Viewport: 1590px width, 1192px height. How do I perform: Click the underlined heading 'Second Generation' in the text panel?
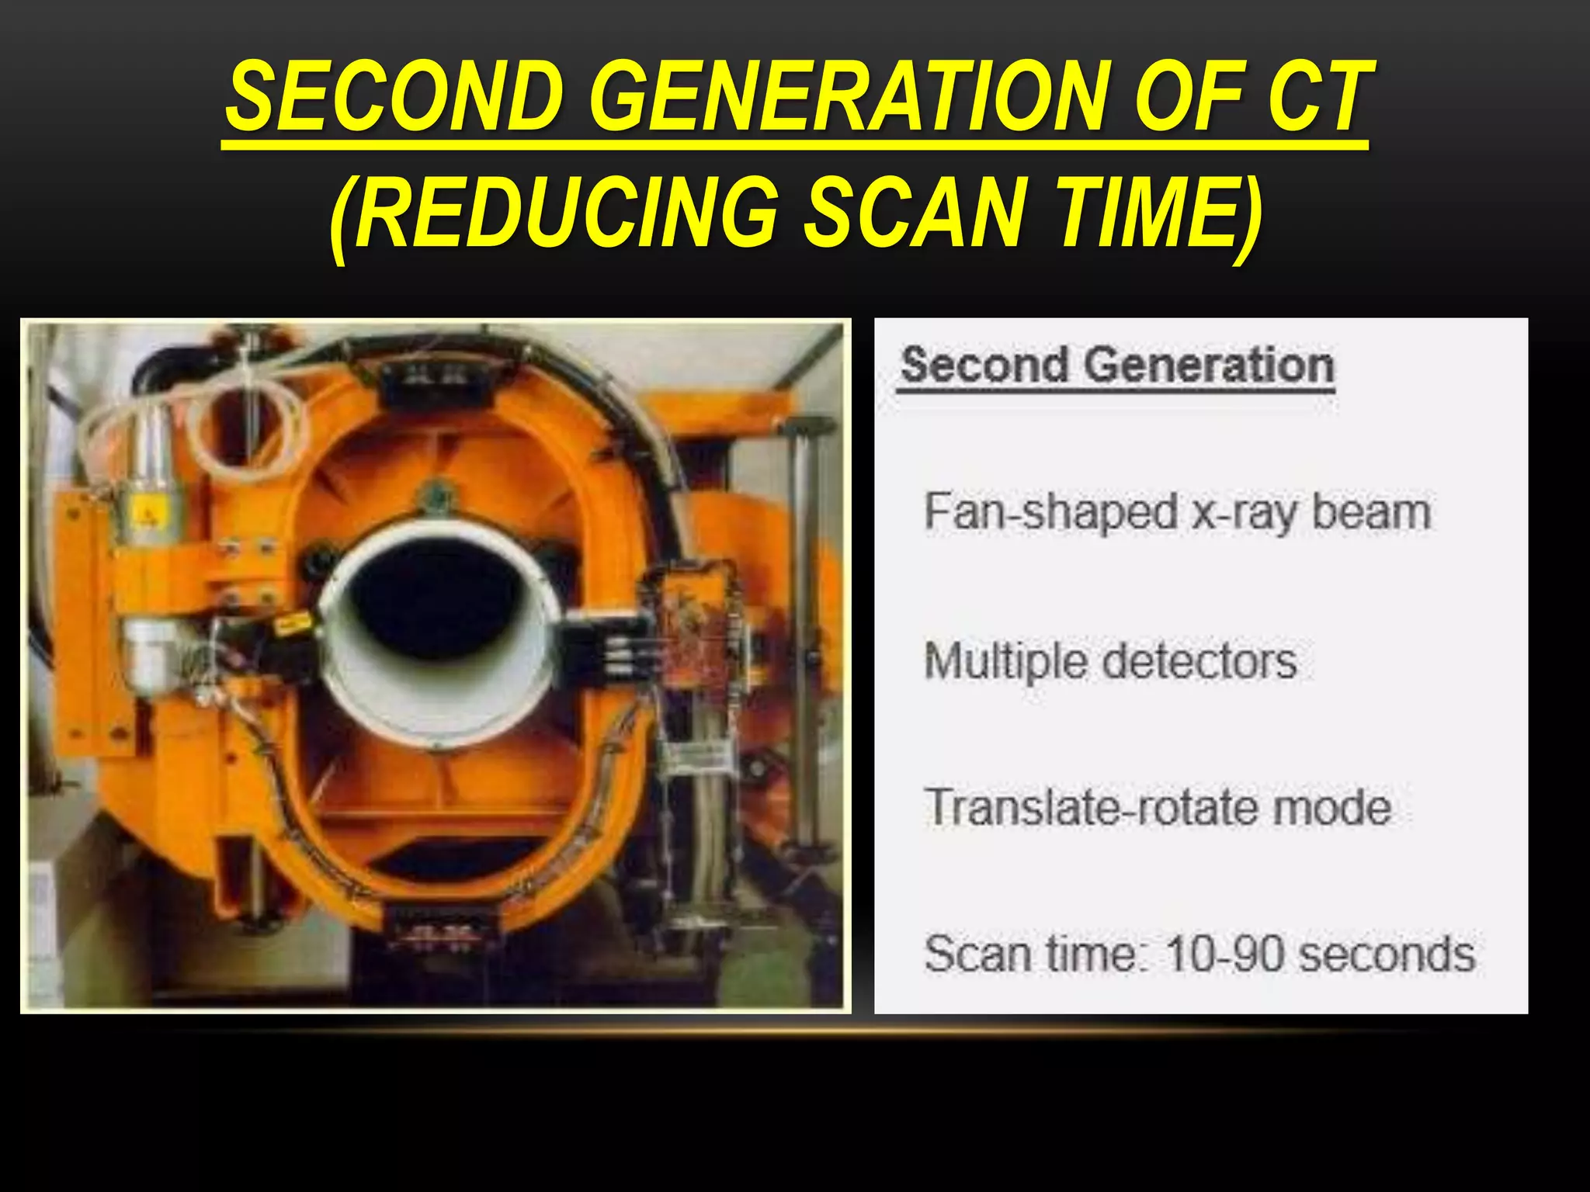click(1116, 366)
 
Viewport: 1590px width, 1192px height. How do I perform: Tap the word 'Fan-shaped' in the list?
click(1050, 512)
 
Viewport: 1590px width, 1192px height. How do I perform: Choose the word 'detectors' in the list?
click(1199, 661)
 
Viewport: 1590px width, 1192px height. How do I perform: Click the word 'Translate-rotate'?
click(1092, 807)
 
